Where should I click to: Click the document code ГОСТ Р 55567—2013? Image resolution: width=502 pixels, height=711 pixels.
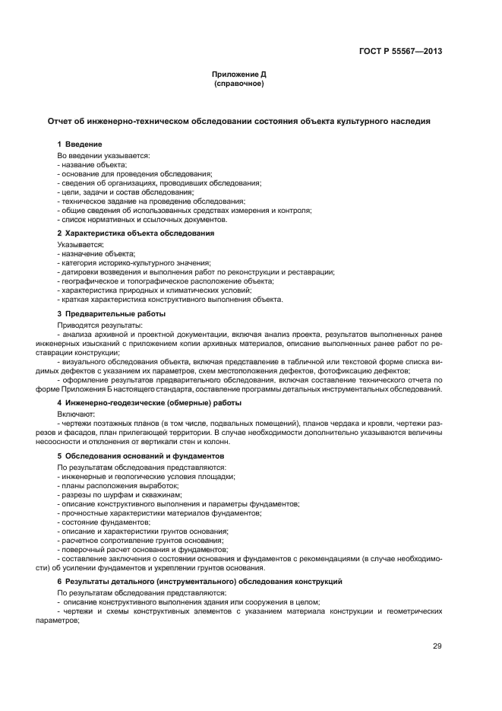pos(400,52)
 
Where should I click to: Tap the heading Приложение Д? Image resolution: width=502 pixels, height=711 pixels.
pos(238,75)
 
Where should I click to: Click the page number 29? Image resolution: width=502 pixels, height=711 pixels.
pos(437,646)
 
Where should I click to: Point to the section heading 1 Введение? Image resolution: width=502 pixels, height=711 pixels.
pos(80,144)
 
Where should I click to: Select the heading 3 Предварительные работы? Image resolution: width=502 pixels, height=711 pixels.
pos(111,313)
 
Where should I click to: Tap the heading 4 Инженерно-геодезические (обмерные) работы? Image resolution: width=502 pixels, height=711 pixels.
pos(150,402)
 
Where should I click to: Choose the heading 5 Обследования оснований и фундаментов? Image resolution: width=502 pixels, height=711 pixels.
pos(140,455)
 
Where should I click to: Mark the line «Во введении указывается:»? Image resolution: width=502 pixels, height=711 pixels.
pos(103,155)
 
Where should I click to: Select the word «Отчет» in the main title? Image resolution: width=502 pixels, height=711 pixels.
pos(62,121)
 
